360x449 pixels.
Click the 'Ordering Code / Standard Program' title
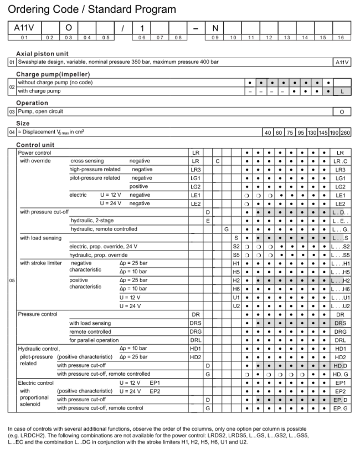[92, 9]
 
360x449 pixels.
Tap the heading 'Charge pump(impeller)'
[53, 74]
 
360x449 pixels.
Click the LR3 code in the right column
[341, 169]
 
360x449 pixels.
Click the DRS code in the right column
[341, 323]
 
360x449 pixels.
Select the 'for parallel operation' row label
[94, 340]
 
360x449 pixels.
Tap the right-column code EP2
[341, 391]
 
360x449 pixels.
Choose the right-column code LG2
[341, 187]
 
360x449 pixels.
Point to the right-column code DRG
[341, 331]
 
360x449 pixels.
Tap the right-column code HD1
[341, 348]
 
